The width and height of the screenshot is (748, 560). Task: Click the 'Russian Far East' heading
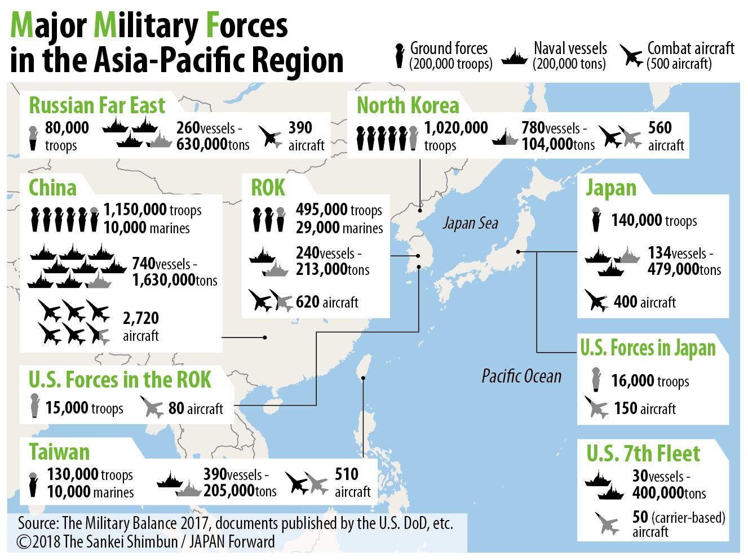click(96, 105)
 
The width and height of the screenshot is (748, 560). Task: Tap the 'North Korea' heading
click(408, 105)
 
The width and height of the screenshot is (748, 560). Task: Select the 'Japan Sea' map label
click(470, 224)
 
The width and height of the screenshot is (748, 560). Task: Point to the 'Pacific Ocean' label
click(521, 376)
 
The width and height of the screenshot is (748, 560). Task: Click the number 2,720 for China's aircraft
click(141, 318)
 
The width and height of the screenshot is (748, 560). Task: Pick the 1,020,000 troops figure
click(455, 128)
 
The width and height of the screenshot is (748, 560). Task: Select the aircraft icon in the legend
click(631, 56)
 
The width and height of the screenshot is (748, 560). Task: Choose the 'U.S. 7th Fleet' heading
click(643, 454)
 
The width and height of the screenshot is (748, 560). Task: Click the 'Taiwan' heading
click(59, 452)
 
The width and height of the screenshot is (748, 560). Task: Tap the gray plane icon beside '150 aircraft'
click(596, 407)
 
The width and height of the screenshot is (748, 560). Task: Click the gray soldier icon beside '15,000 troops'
click(35, 406)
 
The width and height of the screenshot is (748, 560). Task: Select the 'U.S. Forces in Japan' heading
click(648, 348)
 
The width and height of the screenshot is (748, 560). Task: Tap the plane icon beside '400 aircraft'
click(596, 300)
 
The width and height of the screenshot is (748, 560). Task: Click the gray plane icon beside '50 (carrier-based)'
click(607, 523)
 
